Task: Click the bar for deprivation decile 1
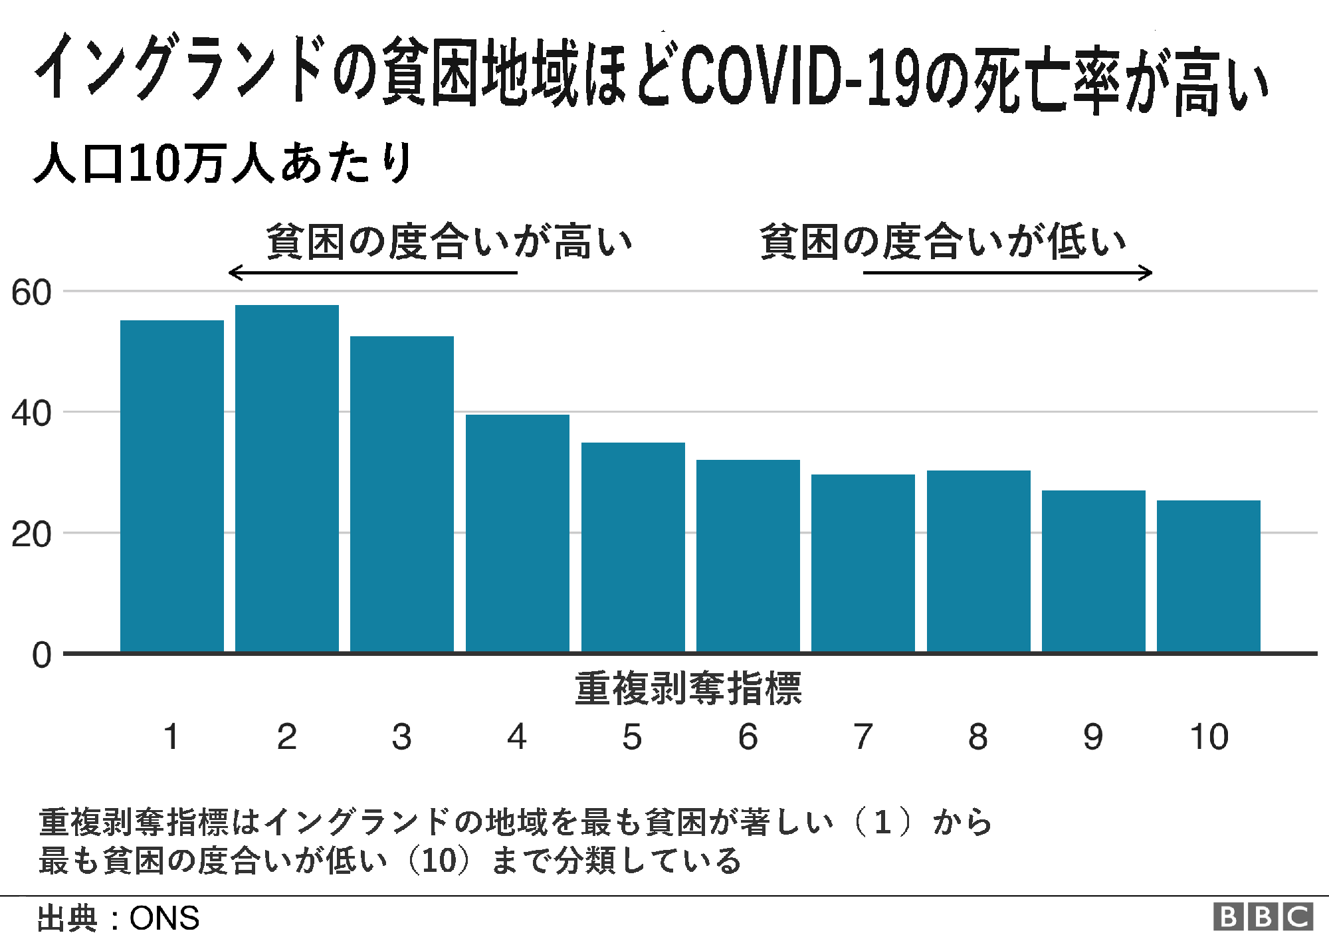coord(171,486)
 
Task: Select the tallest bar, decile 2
coord(286,478)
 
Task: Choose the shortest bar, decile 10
coord(1208,575)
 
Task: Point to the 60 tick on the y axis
coord(31,293)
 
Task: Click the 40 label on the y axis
coord(31,414)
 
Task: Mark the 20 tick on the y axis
coord(31,535)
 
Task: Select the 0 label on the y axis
coord(41,655)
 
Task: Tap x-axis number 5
coord(632,737)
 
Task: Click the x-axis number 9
coord(1093,737)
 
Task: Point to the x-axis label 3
coord(401,737)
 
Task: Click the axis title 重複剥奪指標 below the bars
coord(688,688)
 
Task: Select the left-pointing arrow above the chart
coord(372,272)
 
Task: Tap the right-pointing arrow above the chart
coord(1007,272)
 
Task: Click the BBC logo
coord(1263,917)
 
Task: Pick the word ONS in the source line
coord(164,918)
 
